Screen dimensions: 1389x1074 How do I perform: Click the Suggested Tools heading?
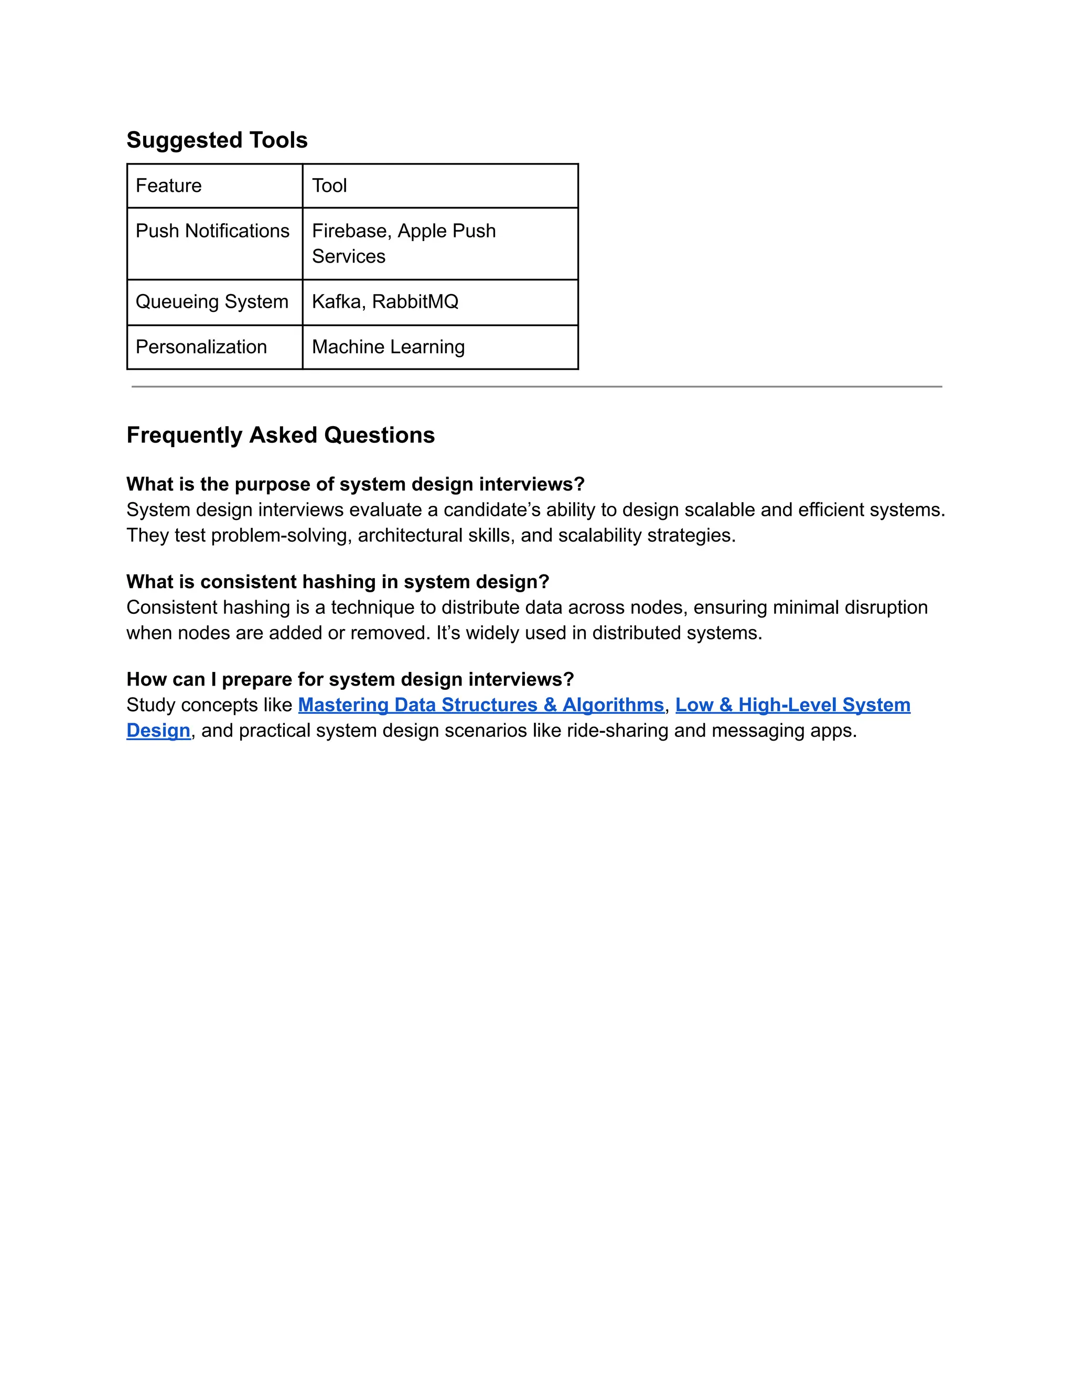pyautogui.click(x=217, y=140)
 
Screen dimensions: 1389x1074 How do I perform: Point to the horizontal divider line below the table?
pyautogui.click(x=536, y=386)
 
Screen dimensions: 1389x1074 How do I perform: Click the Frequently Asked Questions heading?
pyautogui.click(x=281, y=435)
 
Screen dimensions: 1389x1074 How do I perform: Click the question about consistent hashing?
pyautogui.click(x=337, y=581)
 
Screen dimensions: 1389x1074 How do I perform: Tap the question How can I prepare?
pyautogui.click(x=350, y=679)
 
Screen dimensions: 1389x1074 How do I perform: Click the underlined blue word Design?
pyautogui.click(x=158, y=730)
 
